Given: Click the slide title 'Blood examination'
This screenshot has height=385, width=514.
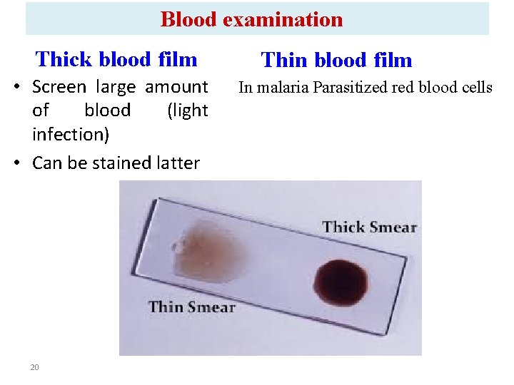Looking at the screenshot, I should click(251, 19).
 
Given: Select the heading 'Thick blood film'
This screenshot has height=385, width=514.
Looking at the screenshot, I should click(116, 58).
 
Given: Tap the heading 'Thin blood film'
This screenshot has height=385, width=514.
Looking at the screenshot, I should click(337, 60).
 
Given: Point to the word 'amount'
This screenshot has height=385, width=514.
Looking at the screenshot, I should click(176, 87).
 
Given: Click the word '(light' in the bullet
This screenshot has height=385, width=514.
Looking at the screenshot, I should click(187, 111).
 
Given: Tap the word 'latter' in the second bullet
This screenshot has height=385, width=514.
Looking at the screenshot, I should click(177, 163).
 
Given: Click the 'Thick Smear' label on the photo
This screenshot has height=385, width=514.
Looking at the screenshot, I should click(369, 227).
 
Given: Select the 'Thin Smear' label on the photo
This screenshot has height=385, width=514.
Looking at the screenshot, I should click(191, 307).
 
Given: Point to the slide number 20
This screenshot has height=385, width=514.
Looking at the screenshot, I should click(34, 367).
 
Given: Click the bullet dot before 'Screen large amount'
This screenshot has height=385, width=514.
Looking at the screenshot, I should click(23, 88).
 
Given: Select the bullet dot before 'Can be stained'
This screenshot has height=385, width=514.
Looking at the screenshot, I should click(23, 163).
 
